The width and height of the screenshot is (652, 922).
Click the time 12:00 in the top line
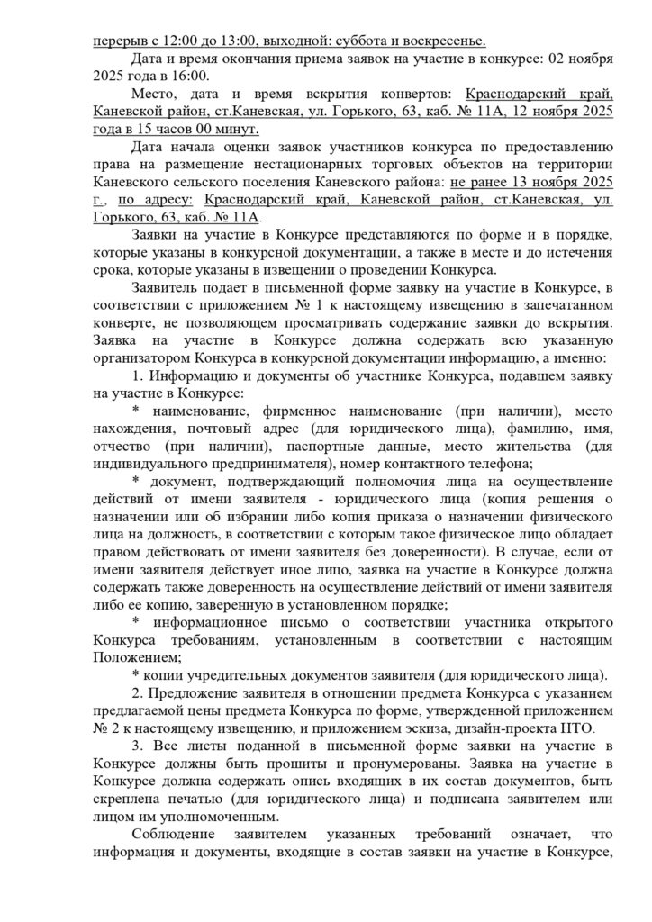coord(177,41)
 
